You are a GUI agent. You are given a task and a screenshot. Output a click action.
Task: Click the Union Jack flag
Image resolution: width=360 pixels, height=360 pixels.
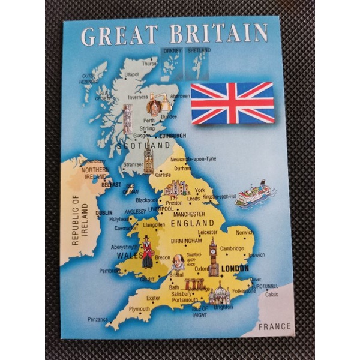click(x=232, y=103)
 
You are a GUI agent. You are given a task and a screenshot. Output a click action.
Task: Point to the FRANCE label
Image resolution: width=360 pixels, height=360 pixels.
click(x=274, y=326)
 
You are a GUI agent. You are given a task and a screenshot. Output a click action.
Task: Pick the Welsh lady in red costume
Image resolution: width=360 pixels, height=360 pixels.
click(x=146, y=251)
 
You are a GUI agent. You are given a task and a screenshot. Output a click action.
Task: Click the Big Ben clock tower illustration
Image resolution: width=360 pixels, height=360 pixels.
click(x=213, y=257)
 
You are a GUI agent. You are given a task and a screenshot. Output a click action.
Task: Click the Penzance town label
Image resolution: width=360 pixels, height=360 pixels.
click(x=97, y=319)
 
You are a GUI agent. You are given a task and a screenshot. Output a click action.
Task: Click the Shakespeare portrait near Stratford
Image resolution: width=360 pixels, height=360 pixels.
click(x=178, y=262)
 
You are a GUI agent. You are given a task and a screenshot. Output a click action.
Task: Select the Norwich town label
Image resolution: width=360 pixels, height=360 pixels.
click(x=244, y=232)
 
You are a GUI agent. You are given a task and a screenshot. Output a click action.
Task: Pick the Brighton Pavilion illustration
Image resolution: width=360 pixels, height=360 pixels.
click(x=219, y=293)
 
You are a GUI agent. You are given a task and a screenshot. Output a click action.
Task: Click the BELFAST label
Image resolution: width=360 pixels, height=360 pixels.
click(x=111, y=185)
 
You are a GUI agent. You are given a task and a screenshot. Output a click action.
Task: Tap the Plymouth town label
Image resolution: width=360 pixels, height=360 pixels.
click(x=139, y=309)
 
